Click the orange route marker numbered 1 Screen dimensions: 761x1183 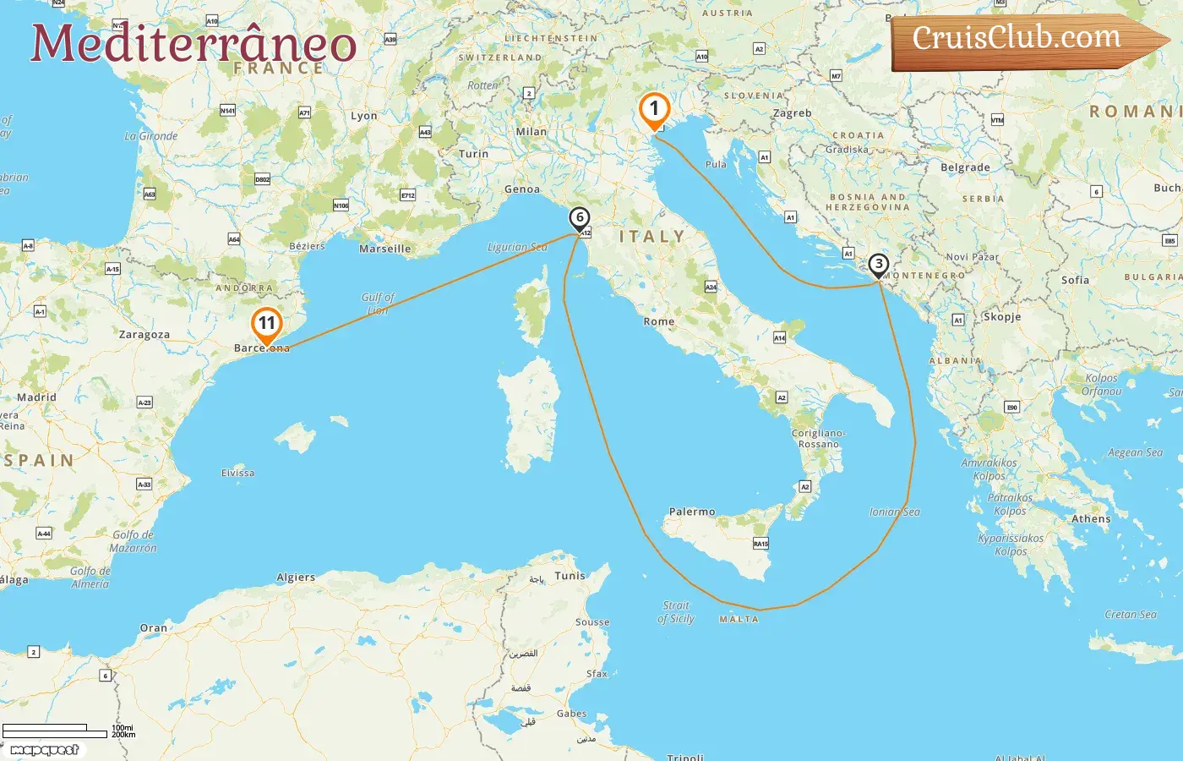click(654, 110)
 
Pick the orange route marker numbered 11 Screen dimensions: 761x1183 click(266, 324)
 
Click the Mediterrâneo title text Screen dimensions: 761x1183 click(194, 43)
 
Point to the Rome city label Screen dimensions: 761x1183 click(659, 322)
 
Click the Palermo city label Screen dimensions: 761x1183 click(692, 512)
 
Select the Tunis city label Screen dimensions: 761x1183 click(570, 576)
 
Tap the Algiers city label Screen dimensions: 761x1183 click(296, 578)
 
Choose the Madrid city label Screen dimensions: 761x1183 click(36, 397)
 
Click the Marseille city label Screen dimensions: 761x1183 click(385, 249)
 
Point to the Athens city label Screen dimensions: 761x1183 click(1091, 519)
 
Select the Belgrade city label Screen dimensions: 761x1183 click(965, 167)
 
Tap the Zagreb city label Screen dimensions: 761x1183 click(792, 113)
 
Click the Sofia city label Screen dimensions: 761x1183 click(1075, 280)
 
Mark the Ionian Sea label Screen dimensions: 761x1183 click(895, 512)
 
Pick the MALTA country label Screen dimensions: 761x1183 click(739, 620)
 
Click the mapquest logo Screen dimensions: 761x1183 click(45, 750)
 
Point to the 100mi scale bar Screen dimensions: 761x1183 click(45, 727)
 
